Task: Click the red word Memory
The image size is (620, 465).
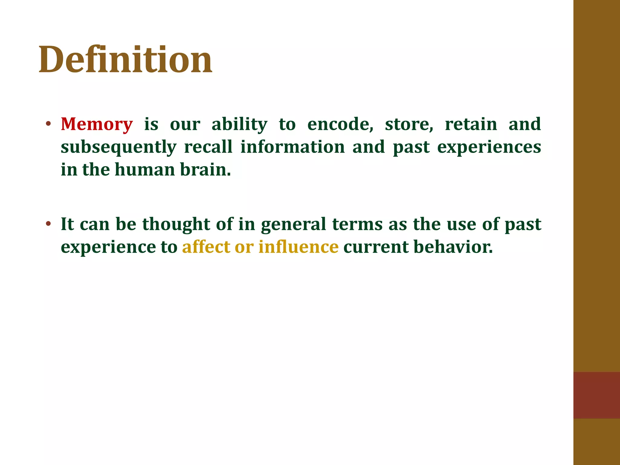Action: click(x=97, y=124)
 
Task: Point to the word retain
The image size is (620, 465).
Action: click(x=471, y=124)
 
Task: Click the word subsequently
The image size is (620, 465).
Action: click(x=118, y=147)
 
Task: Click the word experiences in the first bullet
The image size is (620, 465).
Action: click(x=489, y=147)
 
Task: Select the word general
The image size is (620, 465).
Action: click(x=293, y=225)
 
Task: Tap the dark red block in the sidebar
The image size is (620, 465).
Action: click(x=596, y=395)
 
